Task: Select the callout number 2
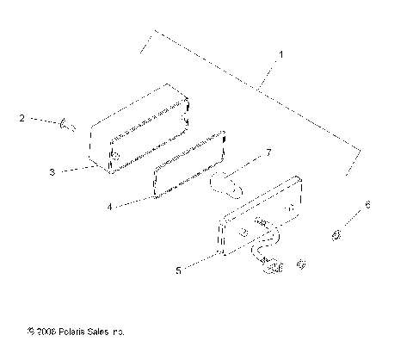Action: click(x=21, y=119)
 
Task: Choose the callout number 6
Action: click(x=367, y=204)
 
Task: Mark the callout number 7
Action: click(x=268, y=152)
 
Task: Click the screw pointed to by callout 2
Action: click(x=70, y=127)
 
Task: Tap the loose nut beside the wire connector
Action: click(x=300, y=264)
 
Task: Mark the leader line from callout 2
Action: click(x=43, y=122)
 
